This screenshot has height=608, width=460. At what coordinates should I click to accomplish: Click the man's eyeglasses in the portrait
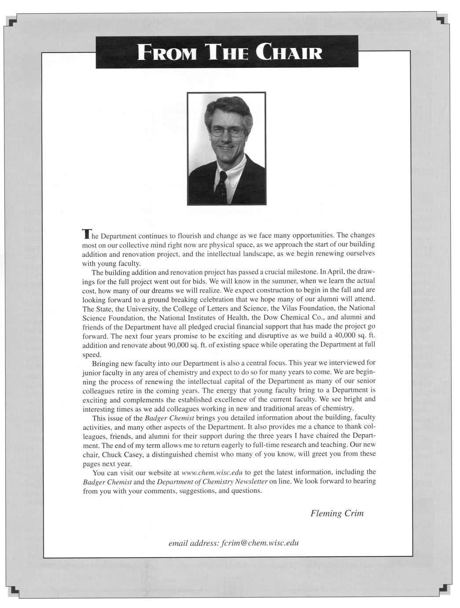click(x=226, y=131)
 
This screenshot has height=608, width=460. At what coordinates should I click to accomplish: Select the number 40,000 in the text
click(x=342, y=336)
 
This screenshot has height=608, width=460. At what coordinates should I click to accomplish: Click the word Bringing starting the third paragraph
click(x=106, y=363)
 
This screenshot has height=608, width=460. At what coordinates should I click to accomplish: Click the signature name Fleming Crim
click(x=337, y=513)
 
